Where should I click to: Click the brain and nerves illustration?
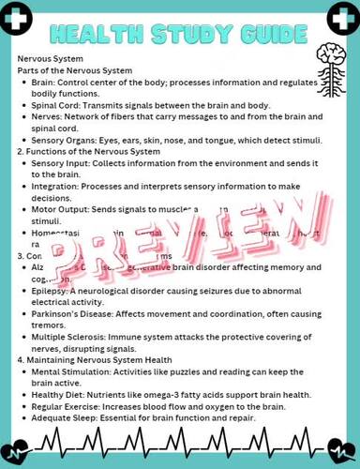tap(327, 69)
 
